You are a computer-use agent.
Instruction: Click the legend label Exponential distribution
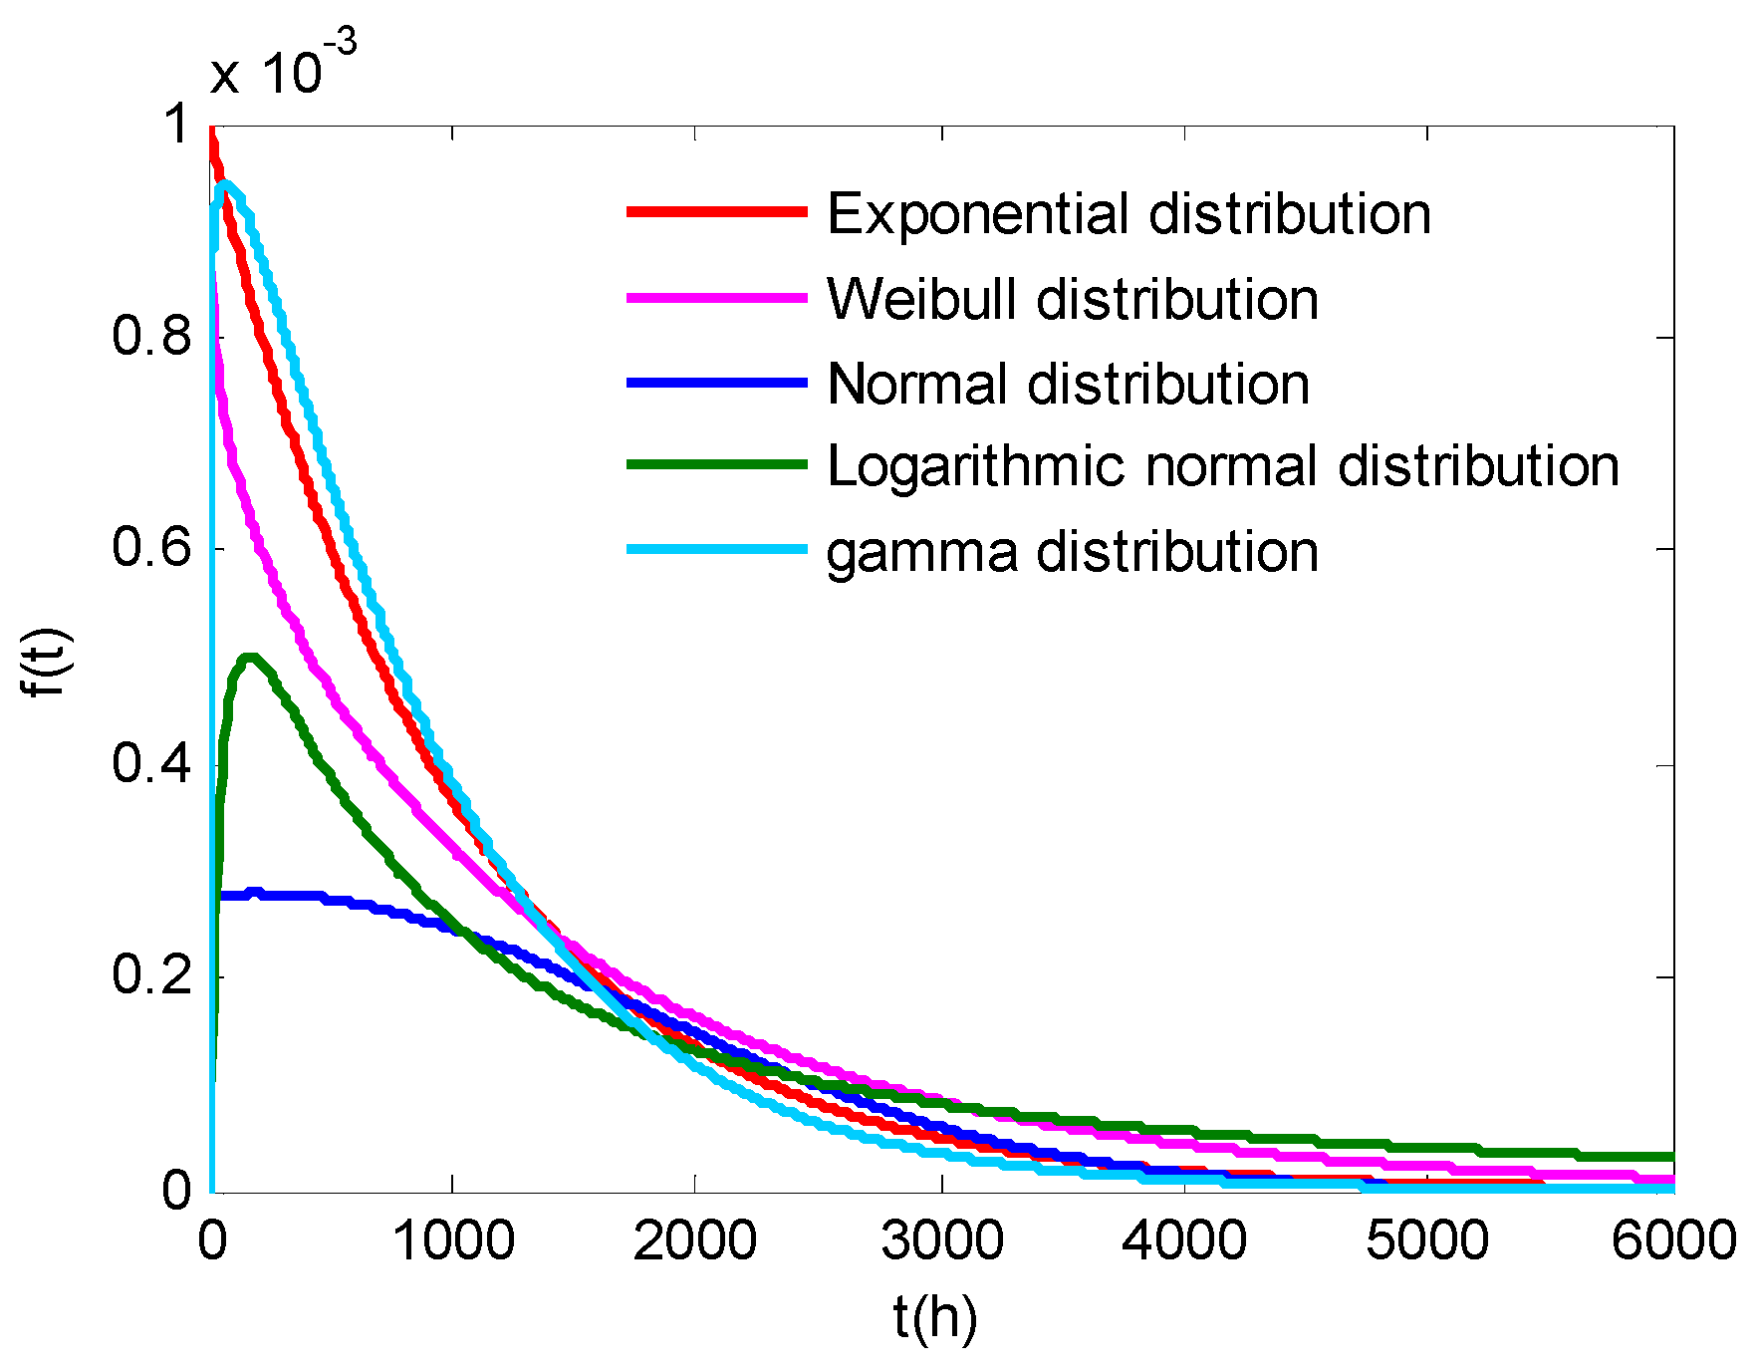(x=1129, y=214)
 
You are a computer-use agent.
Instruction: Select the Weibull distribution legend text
(x=1073, y=299)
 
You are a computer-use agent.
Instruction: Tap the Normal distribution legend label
(x=1068, y=384)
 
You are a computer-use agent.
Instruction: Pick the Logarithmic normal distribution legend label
(x=1223, y=466)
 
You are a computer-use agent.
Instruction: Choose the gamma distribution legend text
(x=1073, y=552)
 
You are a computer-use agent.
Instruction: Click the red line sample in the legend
(x=716, y=212)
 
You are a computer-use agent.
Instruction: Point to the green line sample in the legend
(x=716, y=464)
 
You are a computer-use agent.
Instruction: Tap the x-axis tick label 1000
(x=453, y=1241)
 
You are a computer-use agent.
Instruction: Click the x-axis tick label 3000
(x=941, y=1241)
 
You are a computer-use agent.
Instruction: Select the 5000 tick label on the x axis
(x=1426, y=1241)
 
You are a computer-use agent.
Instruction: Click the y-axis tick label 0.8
(x=151, y=337)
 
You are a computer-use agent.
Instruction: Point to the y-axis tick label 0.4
(x=151, y=764)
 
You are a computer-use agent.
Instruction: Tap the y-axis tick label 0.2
(x=151, y=975)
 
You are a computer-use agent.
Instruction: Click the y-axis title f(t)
(x=45, y=662)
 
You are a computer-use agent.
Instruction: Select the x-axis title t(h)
(x=935, y=1318)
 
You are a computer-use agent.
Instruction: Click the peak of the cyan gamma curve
(x=226, y=184)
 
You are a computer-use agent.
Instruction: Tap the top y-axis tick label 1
(x=176, y=126)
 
